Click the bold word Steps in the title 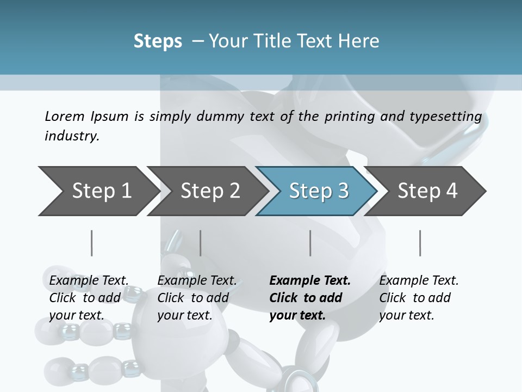click(x=158, y=41)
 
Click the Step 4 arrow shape click(x=427, y=191)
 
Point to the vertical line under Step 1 click(x=92, y=243)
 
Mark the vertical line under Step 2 click(x=201, y=243)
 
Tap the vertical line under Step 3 click(x=310, y=243)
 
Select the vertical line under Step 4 click(x=420, y=243)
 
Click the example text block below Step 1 click(x=89, y=298)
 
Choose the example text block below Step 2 click(x=197, y=298)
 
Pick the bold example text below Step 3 click(x=310, y=298)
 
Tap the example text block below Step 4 click(x=419, y=298)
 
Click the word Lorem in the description click(x=65, y=117)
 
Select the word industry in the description click(x=71, y=136)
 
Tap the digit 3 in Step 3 click(x=343, y=191)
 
